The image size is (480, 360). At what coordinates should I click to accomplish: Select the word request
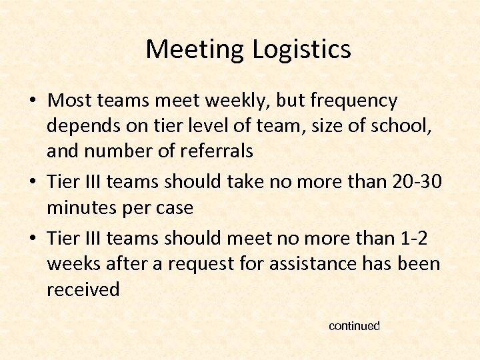click(202, 264)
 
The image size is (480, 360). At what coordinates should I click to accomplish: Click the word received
click(83, 289)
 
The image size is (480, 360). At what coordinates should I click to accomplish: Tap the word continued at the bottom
click(354, 326)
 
